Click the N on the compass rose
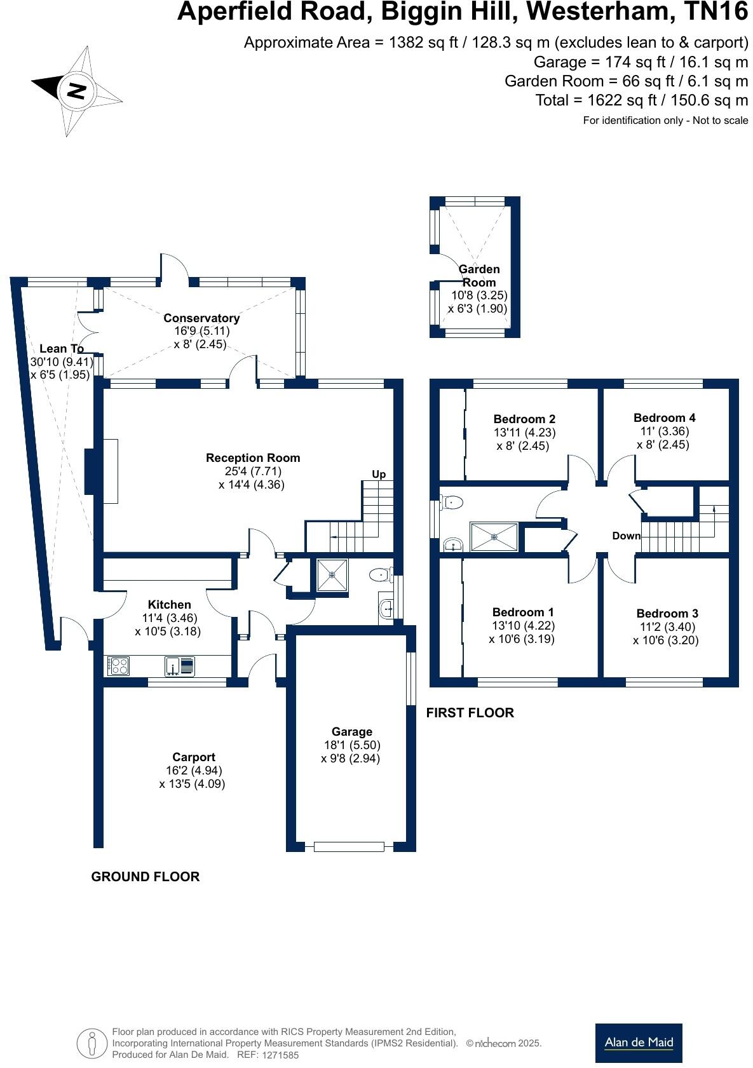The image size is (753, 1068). [x=76, y=91]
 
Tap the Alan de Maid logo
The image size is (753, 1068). [x=638, y=1043]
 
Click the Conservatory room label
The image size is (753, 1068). [x=201, y=318]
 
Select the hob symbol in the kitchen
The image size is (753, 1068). [x=118, y=666]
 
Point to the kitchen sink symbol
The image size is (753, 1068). [x=173, y=666]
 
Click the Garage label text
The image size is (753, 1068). [x=351, y=731]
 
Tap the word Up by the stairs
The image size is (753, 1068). [x=379, y=474]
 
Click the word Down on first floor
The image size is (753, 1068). [x=626, y=536]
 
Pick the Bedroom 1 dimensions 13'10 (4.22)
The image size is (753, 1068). [x=523, y=625]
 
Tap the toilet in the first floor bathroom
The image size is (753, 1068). [x=451, y=503]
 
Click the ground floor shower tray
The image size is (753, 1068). [x=332, y=575]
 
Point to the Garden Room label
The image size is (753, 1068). [x=479, y=276]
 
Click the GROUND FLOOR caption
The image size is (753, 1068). [x=146, y=876]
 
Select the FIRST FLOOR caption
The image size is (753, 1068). [x=470, y=712]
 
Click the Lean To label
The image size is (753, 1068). [x=62, y=348]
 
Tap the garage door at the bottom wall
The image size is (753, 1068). [x=349, y=846]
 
